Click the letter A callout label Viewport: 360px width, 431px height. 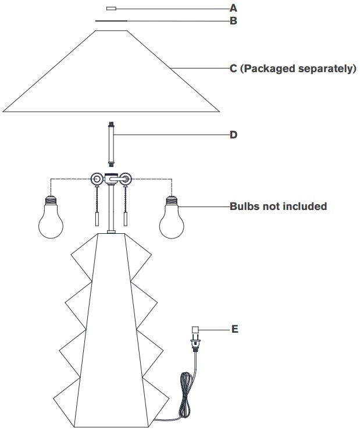[x=233, y=8]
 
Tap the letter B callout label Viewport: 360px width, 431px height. [x=233, y=21]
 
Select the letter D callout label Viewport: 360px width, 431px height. [x=233, y=135]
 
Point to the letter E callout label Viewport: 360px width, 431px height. [x=235, y=329]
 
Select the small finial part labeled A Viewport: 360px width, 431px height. [x=111, y=9]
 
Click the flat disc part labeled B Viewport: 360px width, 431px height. [x=111, y=21]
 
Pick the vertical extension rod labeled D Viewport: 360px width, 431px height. [x=111, y=145]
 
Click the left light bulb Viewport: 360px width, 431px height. [x=51, y=216]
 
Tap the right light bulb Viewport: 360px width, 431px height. [x=172, y=216]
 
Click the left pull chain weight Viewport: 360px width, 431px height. [x=97, y=219]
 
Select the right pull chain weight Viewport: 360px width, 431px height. [x=126, y=219]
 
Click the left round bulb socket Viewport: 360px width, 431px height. [x=97, y=179]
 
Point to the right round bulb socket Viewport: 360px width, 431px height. [x=126, y=179]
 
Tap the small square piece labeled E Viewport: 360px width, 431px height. [x=195, y=330]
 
